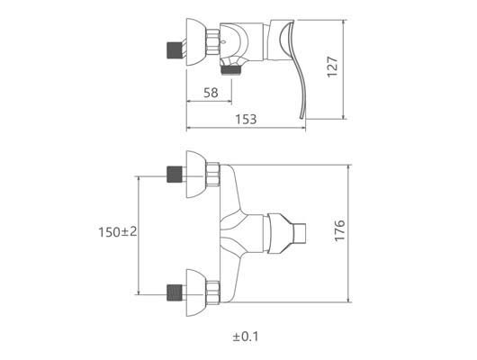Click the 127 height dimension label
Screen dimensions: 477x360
pyautogui.click(x=332, y=67)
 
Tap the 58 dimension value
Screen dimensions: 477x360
pyautogui.click(x=211, y=93)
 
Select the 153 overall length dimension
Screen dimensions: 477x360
pyautogui.click(x=246, y=120)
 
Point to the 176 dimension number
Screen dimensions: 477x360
pyautogui.click(x=340, y=230)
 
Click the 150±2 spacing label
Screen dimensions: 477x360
pyautogui.click(x=118, y=232)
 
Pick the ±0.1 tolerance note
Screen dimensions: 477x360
pyautogui.click(x=246, y=337)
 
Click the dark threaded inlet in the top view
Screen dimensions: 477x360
pyautogui.click(x=175, y=50)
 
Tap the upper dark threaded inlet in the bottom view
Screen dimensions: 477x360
pyautogui.click(x=175, y=175)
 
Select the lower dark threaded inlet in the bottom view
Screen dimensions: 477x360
pyautogui.click(x=175, y=292)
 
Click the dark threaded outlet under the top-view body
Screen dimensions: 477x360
pyautogui.click(x=231, y=70)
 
